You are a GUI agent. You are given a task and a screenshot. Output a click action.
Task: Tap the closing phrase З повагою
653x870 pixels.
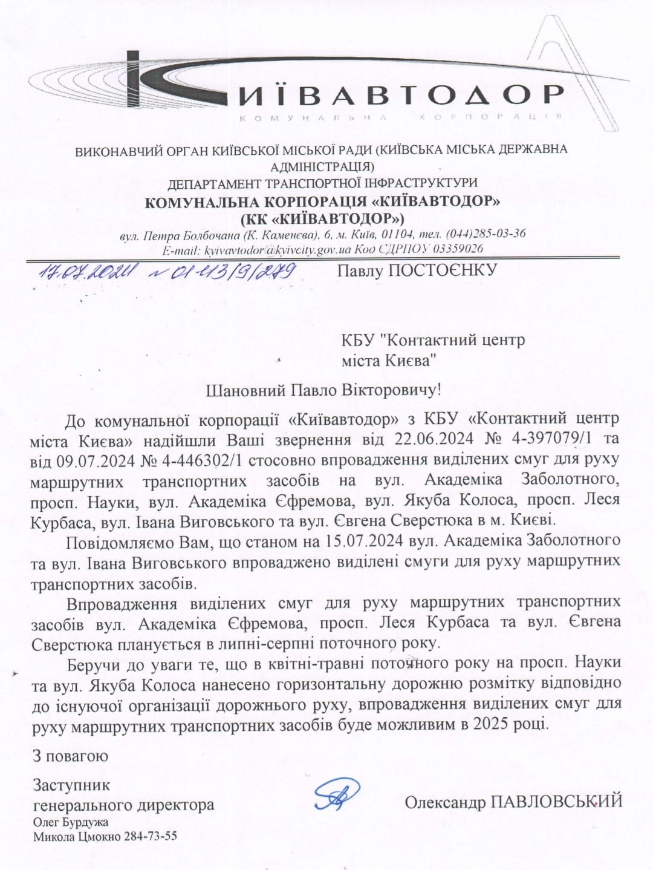point(70,756)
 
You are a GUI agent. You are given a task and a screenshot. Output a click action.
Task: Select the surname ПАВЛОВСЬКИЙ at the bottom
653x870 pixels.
point(556,802)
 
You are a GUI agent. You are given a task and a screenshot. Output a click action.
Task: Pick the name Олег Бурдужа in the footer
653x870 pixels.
point(71,822)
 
